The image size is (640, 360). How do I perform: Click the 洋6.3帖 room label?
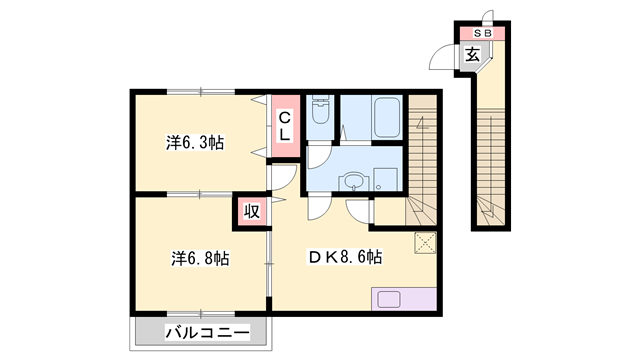coord(194,143)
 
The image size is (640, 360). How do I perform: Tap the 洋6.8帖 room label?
coord(200,258)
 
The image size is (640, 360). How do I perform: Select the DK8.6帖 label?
coord(345,257)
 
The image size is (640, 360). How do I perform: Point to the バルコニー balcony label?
coord(207,333)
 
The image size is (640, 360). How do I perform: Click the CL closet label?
coord(284,127)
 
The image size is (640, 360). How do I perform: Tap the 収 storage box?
coord(252,211)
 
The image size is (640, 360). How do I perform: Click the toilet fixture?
coord(320,109)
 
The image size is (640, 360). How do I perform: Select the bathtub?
coord(387,117)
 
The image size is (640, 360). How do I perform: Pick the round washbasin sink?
coord(353,182)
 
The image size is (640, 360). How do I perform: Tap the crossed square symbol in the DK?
coord(425,243)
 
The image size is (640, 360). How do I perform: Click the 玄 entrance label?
coord(472,54)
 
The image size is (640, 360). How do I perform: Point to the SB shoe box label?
coord(482,33)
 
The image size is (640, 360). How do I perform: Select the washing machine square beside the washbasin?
coord(385,180)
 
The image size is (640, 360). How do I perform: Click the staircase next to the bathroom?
coord(422,160)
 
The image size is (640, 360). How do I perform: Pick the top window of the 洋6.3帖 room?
coord(200,92)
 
